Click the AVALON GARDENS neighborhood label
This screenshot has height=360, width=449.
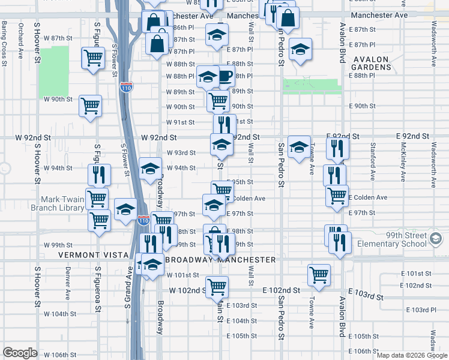pos(381,63)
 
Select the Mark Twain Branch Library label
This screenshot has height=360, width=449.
pos(62,203)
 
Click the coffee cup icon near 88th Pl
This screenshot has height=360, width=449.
pos(224,76)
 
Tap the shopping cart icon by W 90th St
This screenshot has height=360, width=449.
pos(91,106)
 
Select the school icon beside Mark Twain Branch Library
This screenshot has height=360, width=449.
pos(125,209)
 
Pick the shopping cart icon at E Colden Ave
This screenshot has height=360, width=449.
pos(337,195)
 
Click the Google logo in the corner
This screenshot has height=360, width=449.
pos(20,353)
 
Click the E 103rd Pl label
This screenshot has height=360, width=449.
pos(421,310)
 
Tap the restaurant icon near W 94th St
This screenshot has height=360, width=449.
pos(99,175)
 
